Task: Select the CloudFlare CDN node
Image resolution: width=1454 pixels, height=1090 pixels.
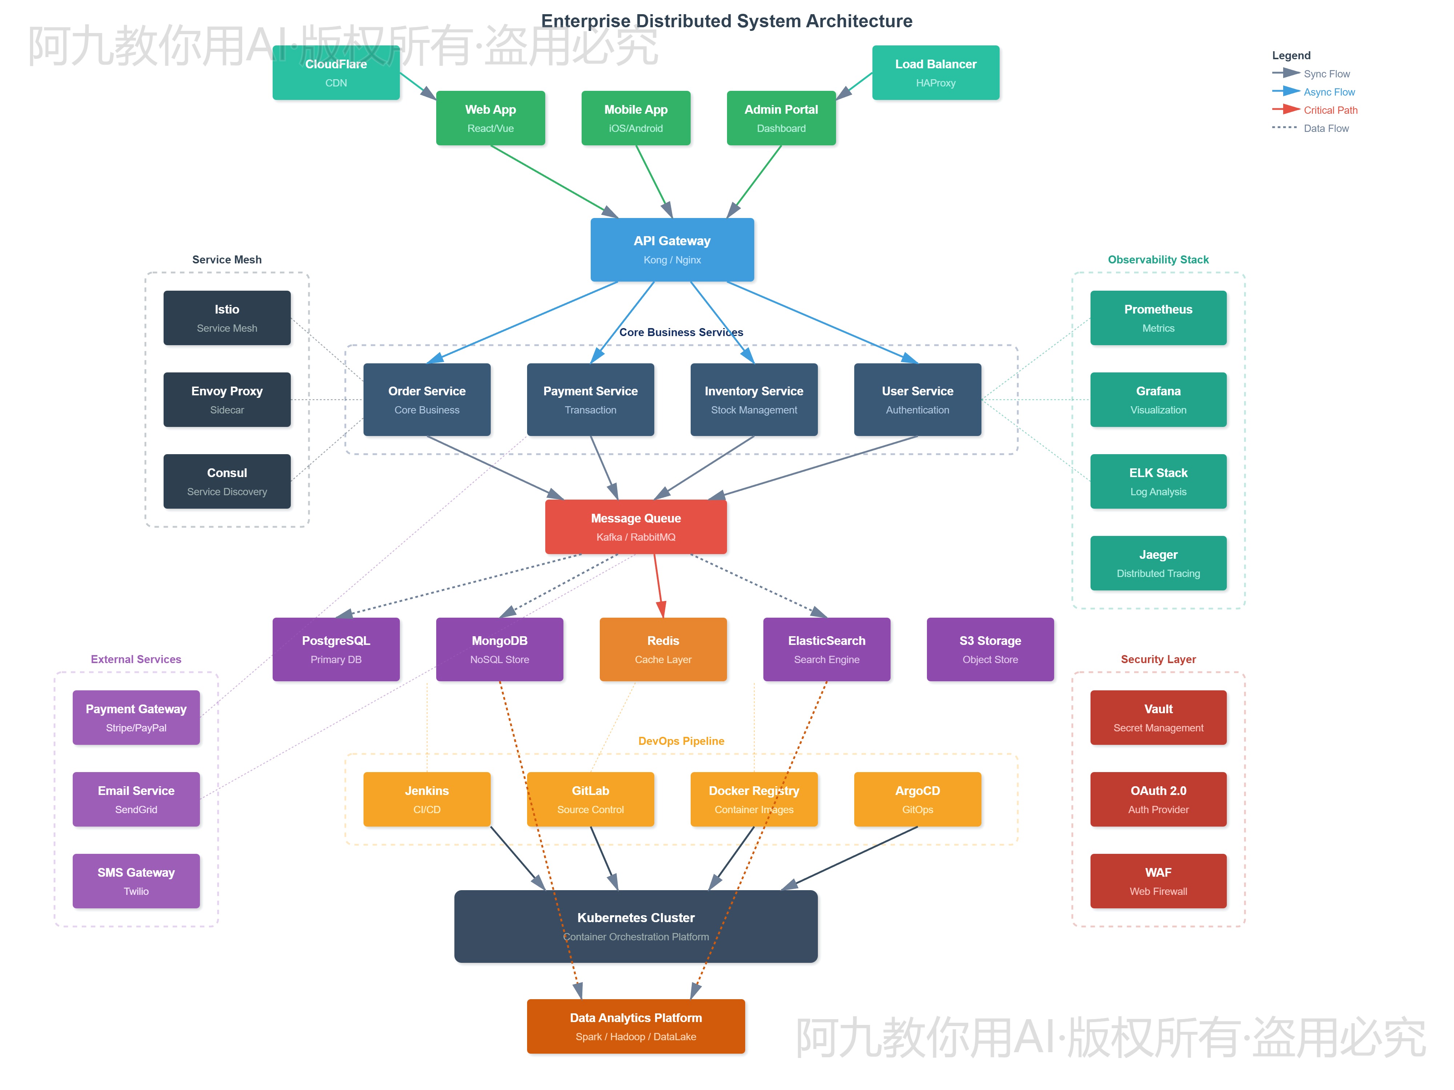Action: [x=336, y=73]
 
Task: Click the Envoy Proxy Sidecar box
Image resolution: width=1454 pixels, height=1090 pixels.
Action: [x=227, y=399]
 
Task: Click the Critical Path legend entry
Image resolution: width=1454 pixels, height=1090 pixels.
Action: [x=1329, y=110]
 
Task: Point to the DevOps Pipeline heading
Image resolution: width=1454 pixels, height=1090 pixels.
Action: [x=681, y=740]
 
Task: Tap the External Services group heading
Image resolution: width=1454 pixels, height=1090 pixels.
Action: [x=136, y=659]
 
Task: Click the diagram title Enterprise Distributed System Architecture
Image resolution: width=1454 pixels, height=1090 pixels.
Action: [x=726, y=21]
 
